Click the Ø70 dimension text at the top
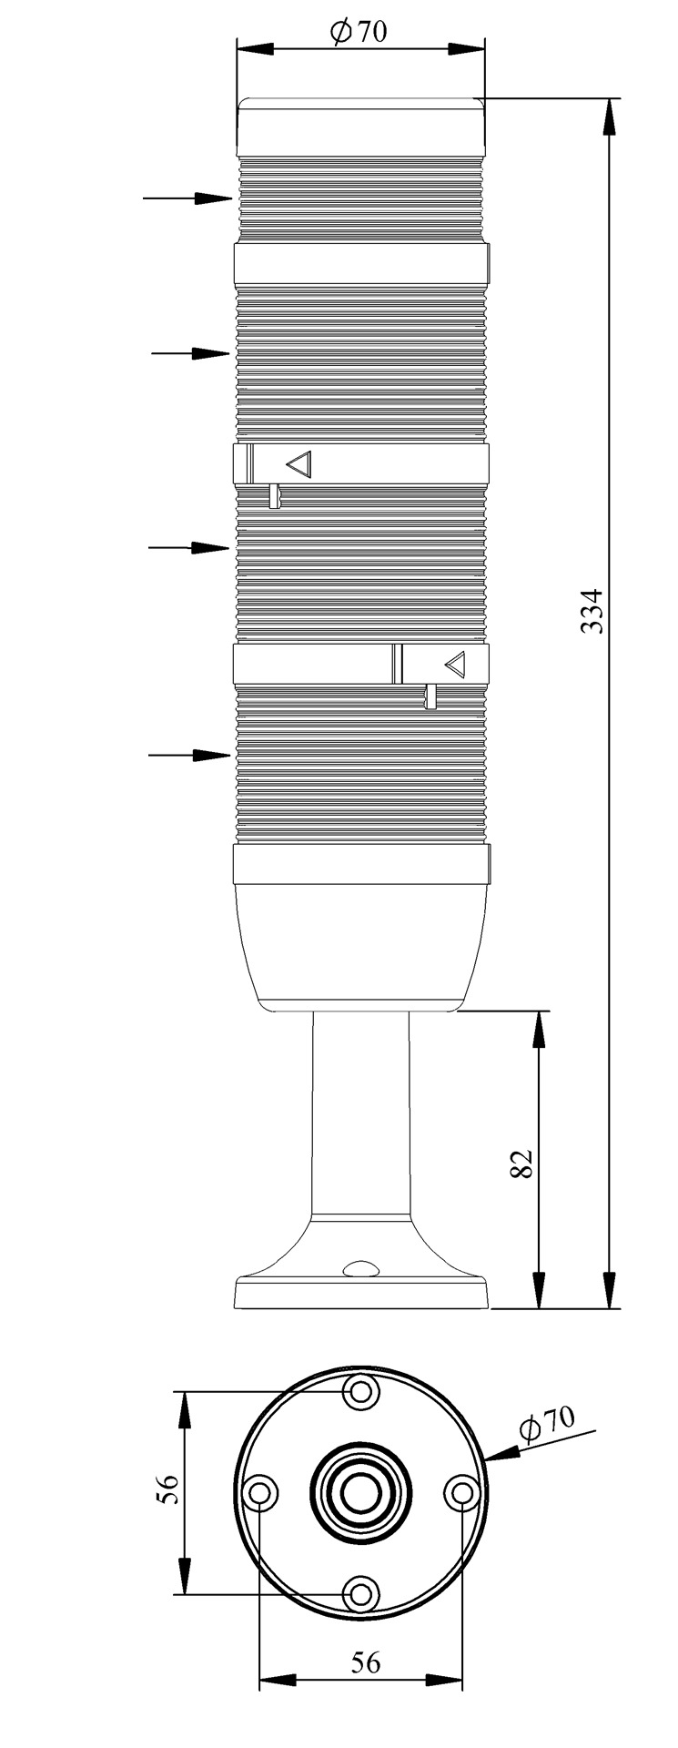pyautogui.click(x=359, y=32)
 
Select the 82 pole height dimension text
pyautogui.click(x=521, y=1164)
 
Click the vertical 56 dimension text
pyautogui.click(x=167, y=1489)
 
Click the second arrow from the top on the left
pyautogui.click(x=190, y=352)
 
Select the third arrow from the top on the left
pyautogui.click(x=188, y=547)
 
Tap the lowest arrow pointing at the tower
pyautogui.click(x=188, y=754)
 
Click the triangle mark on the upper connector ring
pyautogui.click(x=299, y=464)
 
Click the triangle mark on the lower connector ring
pyautogui.click(x=455, y=664)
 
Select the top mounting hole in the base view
pyautogui.click(x=361, y=1392)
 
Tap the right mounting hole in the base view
pyautogui.click(x=462, y=1493)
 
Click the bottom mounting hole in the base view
pyautogui.click(x=361, y=1594)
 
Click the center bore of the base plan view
pyautogui.click(x=361, y=1493)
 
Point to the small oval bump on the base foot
pyautogui.click(x=361, y=1268)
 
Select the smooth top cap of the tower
pyautogui.click(x=361, y=127)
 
